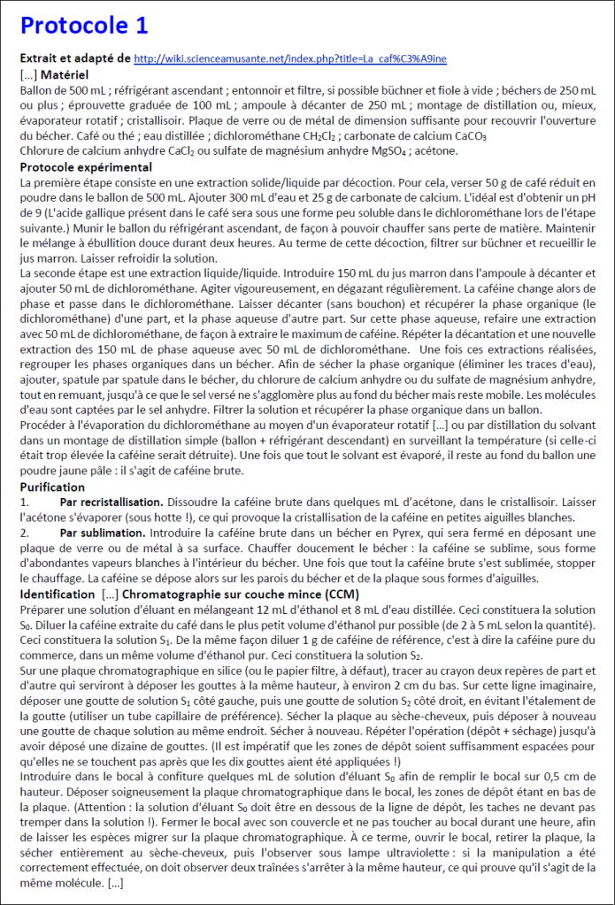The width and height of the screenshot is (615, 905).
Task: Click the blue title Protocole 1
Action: pyautogui.click(x=84, y=24)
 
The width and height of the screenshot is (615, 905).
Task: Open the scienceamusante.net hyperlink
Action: pyautogui.click(x=289, y=58)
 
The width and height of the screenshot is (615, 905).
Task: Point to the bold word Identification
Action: pyautogui.click(x=58, y=593)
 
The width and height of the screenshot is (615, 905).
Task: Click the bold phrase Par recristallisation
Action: pyautogui.click(x=111, y=502)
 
